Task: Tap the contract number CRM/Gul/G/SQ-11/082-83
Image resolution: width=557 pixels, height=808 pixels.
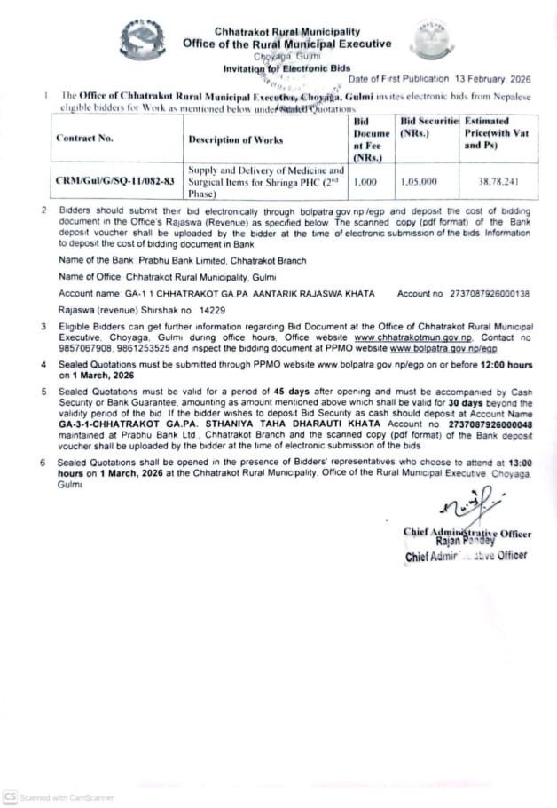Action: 115,181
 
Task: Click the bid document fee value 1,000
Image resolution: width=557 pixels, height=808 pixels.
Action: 365,181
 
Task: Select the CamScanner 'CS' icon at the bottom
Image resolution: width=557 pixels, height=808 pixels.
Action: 10,796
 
